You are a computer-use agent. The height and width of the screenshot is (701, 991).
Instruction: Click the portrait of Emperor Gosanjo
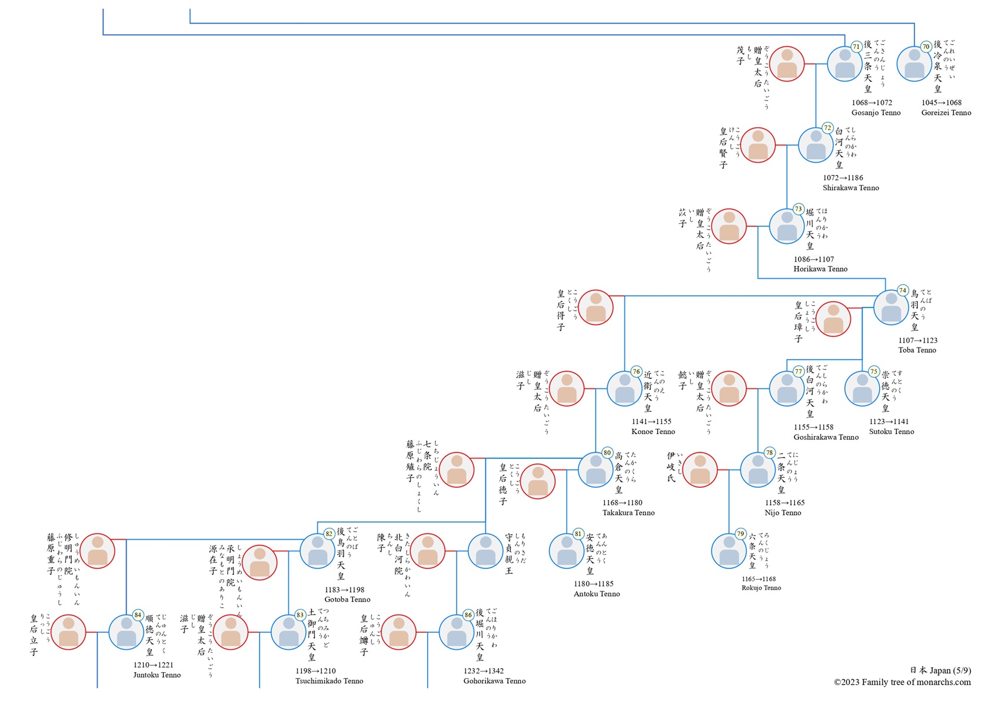click(844, 64)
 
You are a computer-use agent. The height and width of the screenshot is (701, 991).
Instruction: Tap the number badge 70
click(926, 47)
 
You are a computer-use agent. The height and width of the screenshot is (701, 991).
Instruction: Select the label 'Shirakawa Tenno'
click(850, 188)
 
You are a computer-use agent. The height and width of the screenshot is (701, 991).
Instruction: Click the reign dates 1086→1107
click(813, 259)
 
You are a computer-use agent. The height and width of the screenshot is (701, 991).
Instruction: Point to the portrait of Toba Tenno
click(891, 307)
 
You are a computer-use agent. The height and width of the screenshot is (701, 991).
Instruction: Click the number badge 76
click(636, 372)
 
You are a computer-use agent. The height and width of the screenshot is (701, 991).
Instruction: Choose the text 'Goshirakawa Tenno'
click(826, 437)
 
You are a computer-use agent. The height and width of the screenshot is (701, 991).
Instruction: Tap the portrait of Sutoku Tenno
click(862, 389)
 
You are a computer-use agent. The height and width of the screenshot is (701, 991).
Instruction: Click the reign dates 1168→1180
click(622, 503)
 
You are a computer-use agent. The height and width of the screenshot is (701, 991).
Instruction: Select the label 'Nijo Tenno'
click(783, 512)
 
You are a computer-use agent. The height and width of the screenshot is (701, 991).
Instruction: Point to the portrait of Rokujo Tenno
click(729, 551)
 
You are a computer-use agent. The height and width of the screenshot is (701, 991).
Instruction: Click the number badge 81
click(578, 534)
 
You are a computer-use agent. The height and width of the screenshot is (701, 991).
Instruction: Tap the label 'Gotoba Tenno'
click(347, 600)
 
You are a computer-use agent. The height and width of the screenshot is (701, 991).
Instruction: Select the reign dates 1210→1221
click(153, 665)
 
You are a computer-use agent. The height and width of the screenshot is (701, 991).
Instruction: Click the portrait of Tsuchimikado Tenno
click(288, 632)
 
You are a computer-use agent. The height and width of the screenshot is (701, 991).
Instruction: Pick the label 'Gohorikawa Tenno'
click(494, 681)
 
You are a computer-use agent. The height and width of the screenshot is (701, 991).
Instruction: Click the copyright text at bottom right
click(902, 682)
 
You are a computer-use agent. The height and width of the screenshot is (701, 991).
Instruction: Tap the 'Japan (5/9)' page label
click(940, 670)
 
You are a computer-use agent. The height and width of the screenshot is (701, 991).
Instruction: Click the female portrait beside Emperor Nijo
click(700, 470)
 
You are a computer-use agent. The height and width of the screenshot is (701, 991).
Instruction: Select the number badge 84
click(138, 615)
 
